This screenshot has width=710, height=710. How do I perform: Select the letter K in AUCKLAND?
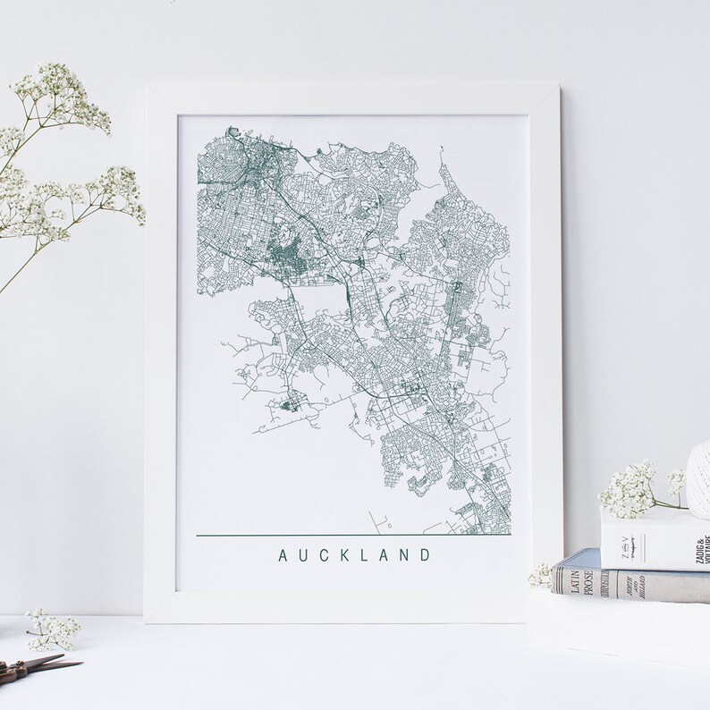coord(345,555)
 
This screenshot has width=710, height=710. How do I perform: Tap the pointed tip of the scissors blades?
coord(79,663)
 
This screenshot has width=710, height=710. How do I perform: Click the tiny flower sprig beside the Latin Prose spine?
coord(541,575)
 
